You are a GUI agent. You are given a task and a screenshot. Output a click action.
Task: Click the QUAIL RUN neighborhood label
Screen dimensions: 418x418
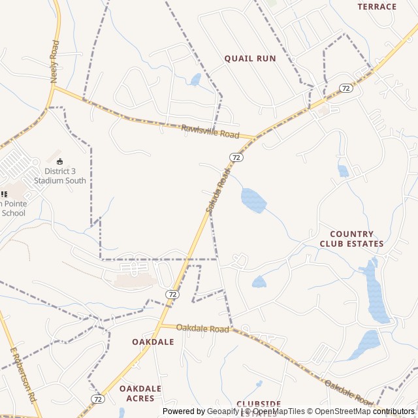pyautogui.click(x=250, y=59)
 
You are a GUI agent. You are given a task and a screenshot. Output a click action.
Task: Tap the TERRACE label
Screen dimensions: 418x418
pyautogui.click(x=377, y=7)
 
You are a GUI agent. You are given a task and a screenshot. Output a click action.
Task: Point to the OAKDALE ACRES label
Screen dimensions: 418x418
pyautogui.click(x=140, y=393)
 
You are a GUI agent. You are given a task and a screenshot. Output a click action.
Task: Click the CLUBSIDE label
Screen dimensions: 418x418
pyautogui.click(x=259, y=404)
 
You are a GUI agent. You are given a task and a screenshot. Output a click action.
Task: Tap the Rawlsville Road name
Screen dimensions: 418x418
pyautogui.click(x=210, y=131)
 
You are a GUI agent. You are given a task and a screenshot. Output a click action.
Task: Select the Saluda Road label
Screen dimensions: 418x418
pyautogui.click(x=218, y=191)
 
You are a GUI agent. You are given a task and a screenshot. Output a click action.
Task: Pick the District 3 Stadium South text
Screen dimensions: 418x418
pyautogui.click(x=60, y=176)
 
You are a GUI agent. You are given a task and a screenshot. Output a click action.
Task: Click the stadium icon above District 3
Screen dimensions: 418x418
pyautogui.click(x=60, y=161)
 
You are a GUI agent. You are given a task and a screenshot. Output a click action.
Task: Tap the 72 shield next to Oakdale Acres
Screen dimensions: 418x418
pyautogui.click(x=98, y=398)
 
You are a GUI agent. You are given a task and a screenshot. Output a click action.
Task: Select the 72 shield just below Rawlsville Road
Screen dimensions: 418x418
pyautogui.click(x=236, y=157)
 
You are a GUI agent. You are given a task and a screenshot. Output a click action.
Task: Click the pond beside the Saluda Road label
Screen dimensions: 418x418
pyautogui.click(x=253, y=200)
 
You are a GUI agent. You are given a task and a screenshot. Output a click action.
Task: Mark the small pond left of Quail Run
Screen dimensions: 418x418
pyautogui.click(x=195, y=80)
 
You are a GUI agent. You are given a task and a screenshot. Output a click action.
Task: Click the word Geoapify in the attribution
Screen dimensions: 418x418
pyautogui.click(x=224, y=411)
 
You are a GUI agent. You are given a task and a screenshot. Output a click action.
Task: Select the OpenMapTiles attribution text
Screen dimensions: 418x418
pyautogui.click(x=278, y=411)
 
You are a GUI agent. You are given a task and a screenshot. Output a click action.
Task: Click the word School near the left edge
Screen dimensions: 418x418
pyautogui.click(x=13, y=213)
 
